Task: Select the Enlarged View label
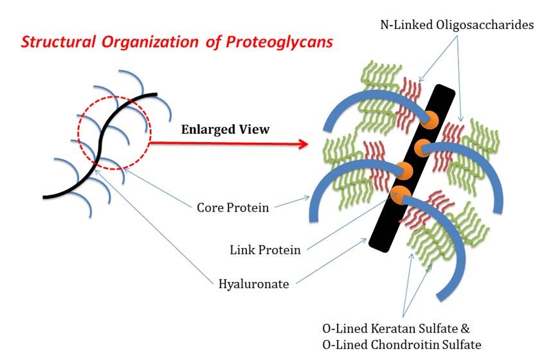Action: (225, 129)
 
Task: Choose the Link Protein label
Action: (265, 249)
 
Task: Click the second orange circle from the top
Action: (423, 144)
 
